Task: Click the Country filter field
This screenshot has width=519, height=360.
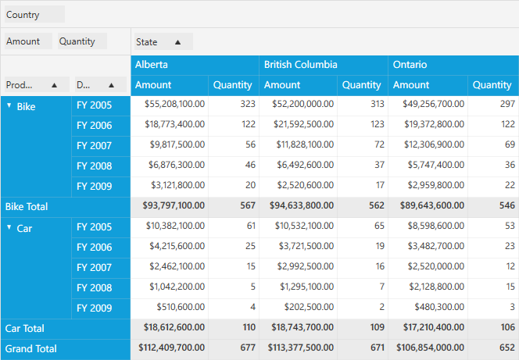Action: [x=34, y=15]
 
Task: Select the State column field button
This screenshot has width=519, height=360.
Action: [x=163, y=42]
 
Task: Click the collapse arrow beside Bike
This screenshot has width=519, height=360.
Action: [x=9, y=105]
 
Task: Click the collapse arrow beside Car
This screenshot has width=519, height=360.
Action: [x=9, y=227]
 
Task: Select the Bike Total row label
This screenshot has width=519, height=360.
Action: [x=27, y=207]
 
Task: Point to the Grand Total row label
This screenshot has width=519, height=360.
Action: [x=30, y=349]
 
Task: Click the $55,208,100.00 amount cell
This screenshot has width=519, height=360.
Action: [x=174, y=104]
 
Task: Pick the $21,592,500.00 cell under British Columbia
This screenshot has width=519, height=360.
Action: [x=303, y=124]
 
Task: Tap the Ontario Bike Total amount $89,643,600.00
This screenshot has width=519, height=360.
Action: [x=432, y=205]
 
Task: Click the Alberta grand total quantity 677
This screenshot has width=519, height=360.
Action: [x=248, y=348]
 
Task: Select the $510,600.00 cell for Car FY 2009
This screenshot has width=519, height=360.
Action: [x=181, y=307]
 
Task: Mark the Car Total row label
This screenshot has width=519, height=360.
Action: [x=24, y=329]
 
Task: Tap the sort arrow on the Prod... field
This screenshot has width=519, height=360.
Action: [x=54, y=85]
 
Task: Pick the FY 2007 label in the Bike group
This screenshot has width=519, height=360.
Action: [x=94, y=146]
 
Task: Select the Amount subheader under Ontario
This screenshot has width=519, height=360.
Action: [x=411, y=85]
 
